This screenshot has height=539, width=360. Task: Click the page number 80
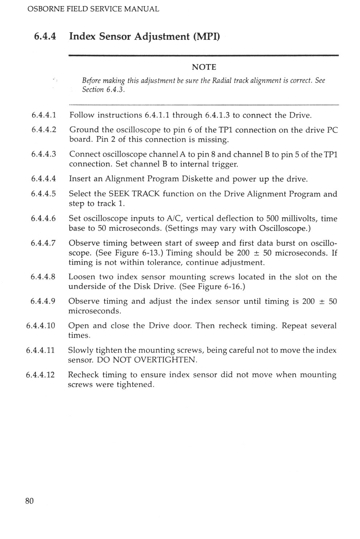pyautogui.click(x=29, y=501)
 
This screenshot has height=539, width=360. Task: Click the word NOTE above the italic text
pyautogui.click(x=204, y=67)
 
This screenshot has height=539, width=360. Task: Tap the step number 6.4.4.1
pyautogui.click(x=44, y=115)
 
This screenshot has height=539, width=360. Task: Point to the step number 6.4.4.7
pyautogui.click(x=43, y=243)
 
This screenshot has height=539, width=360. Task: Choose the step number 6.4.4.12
pyautogui.click(x=41, y=375)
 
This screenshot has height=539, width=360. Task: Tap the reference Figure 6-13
pyautogui.click(x=134, y=253)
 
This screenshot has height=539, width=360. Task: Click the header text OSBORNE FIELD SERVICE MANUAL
pyautogui.click(x=93, y=9)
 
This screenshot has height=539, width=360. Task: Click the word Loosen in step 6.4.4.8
pyautogui.click(x=82, y=277)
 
